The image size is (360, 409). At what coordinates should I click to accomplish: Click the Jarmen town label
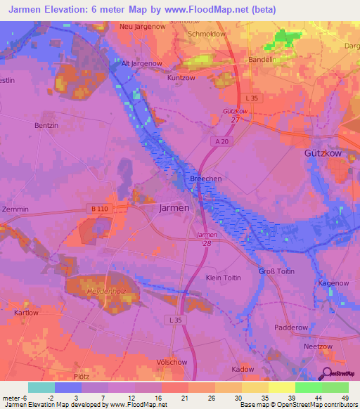[174, 208]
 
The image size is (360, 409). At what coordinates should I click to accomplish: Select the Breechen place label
[206, 179]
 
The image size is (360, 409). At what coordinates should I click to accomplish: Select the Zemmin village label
[15, 210]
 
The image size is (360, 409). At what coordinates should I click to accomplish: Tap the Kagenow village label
[333, 283]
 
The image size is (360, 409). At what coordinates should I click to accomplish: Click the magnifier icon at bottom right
[326, 374]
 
